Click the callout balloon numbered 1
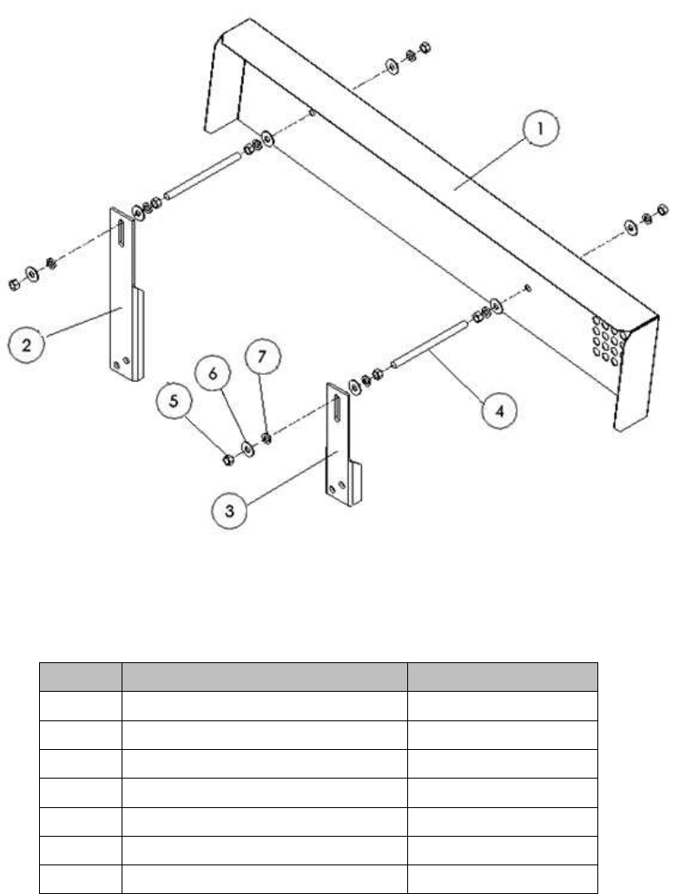click(x=540, y=128)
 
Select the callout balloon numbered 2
click(x=26, y=345)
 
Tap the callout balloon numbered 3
click(x=229, y=510)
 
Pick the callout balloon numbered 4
click(x=499, y=411)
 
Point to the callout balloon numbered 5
click(x=174, y=401)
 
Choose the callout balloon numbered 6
click(x=213, y=374)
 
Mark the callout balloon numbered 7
click(x=262, y=357)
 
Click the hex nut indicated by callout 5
click(x=227, y=460)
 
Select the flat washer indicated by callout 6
click(x=248, y=449)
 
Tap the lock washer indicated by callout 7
click(x=266, y=438)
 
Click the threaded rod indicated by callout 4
click(x=429, y=343)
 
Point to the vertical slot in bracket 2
click(x=121, y=233)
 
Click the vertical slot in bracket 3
click(x=337, y=408)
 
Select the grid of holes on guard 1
click(x=607, y=339)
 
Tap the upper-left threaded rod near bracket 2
click(x=202, y=174)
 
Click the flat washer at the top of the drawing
click(x=392, y=66)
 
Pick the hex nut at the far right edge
click(x=663, y=209)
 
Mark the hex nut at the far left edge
click(x=15, y=284)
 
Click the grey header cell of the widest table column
click(x=264, y=677)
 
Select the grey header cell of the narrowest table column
click(x=81, y=677)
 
